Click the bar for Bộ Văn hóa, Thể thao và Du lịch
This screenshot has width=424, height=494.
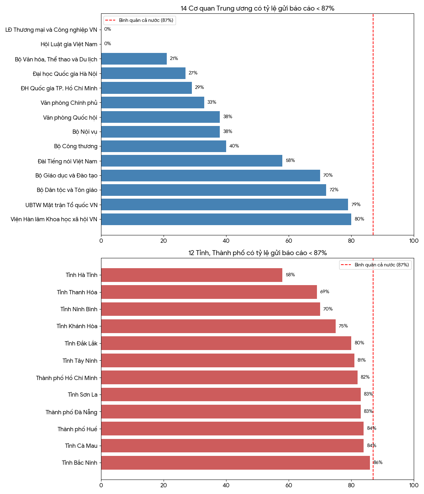pos(134,59)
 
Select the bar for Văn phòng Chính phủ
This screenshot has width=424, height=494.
pos(153,103)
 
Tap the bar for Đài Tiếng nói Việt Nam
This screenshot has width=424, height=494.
pos(192,161)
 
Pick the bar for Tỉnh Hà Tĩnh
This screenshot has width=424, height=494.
pos(192,275)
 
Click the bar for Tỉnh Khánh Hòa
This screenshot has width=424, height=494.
pos(218,326)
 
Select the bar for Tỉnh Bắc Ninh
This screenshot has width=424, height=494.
pos(235,463)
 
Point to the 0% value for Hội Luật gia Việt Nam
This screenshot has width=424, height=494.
pos(107,44)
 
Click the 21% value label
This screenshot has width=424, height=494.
pos(174,59)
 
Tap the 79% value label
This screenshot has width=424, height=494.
pos(356,205)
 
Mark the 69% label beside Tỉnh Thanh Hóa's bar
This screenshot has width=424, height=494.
pos(325,292)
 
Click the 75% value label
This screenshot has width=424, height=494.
pos(343,326)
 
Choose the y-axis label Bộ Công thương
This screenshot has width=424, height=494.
pos(76,146)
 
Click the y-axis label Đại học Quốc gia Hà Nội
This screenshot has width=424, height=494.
pos(65,74)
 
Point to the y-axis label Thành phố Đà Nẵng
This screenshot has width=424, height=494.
pos(71,412)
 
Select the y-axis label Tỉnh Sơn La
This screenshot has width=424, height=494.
pos(82,395)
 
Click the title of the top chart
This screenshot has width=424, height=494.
pos(257,8)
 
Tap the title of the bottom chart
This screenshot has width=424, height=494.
pos(257,253)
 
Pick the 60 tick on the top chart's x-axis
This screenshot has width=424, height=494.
pos(289,241)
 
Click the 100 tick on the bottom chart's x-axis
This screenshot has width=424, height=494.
pos(413,486)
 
